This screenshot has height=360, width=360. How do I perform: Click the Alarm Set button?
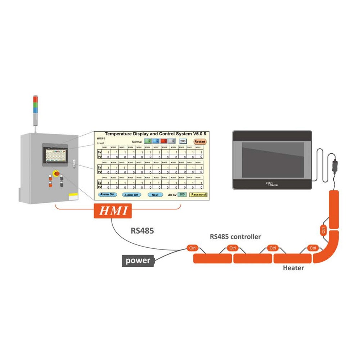107,194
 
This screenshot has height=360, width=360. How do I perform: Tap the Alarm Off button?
131,195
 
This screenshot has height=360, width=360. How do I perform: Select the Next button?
155,195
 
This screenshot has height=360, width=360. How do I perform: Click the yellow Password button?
198,194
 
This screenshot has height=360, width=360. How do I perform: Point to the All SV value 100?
182,194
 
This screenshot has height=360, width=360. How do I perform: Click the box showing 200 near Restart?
183,141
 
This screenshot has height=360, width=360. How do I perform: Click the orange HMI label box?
113,211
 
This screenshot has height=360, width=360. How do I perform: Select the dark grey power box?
138,260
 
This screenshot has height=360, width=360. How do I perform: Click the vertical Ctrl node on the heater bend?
323,230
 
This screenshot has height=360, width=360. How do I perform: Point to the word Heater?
293,268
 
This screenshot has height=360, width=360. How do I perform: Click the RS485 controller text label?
235,237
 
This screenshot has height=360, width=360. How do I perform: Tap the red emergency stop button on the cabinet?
56,174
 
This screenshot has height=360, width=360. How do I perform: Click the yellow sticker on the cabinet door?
73,197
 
